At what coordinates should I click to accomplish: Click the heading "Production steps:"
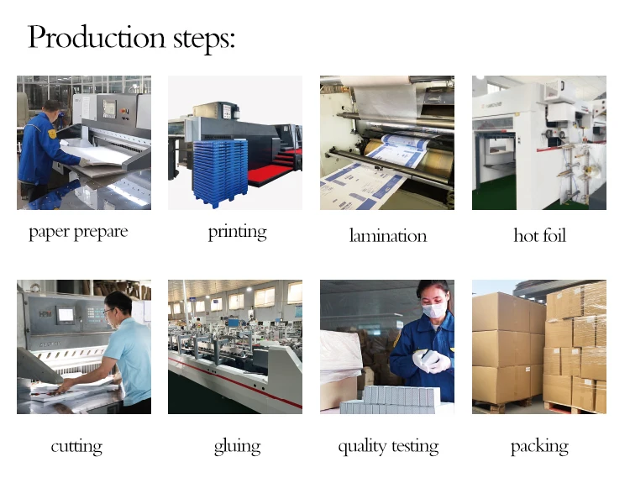(132, 38)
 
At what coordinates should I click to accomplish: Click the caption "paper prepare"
(78, 233)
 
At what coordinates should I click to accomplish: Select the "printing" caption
(237, 233)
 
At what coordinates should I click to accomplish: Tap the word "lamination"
(387, 236)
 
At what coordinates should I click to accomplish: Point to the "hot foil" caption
(539, 236)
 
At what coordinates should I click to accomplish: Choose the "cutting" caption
(76, 446)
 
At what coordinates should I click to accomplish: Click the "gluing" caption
(237, 446)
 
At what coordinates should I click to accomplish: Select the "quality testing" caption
(388, 446)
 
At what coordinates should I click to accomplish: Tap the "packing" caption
(539, 446)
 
